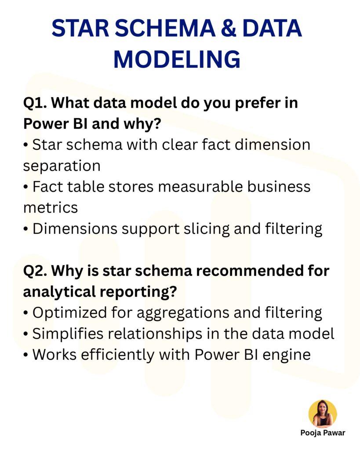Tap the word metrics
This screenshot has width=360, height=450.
pyautogui.click(x=50, y=207)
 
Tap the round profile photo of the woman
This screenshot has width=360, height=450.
pyautogui.click(x=323, y=414)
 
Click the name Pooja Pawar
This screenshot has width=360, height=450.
pyautogui.click(x=323, y=433)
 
